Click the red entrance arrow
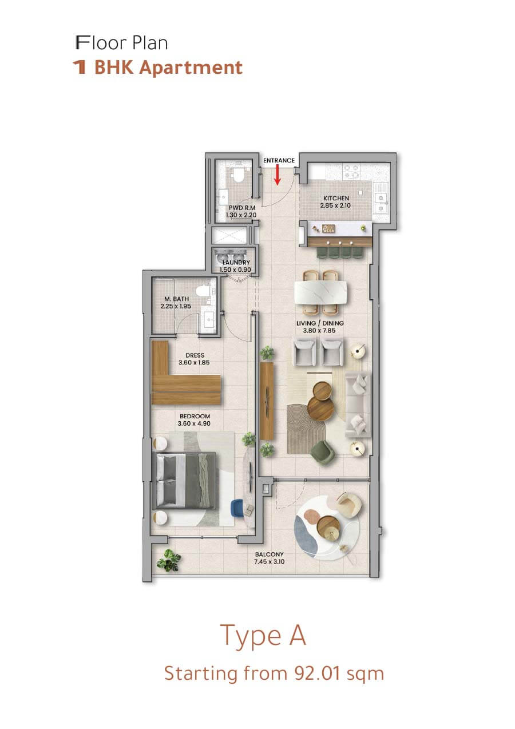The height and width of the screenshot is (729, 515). (277, 175)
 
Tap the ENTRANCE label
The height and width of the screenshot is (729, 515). (279, 160)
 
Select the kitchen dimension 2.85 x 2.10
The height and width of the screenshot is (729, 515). (335, 205)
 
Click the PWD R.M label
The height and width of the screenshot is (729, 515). (242, 208)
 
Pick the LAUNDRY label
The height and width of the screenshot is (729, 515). (236, 262)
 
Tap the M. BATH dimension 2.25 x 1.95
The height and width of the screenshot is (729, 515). (176, 306)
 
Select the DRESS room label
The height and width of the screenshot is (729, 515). (195, 355)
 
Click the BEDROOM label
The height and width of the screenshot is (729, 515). (195, 416)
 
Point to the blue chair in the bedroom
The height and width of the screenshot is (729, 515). (236, 508)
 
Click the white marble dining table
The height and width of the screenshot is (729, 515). (321, 292)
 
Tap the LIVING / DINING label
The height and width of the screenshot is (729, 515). (320, 323)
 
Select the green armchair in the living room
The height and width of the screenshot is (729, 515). (322, 451)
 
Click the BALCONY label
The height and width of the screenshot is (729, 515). (269, 554)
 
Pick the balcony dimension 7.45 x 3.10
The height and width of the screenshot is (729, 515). (269, 561)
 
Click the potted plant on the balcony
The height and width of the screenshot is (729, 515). (168, 560)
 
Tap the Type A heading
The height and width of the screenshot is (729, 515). (263, 635)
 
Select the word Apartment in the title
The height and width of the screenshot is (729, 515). (191, 68)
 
